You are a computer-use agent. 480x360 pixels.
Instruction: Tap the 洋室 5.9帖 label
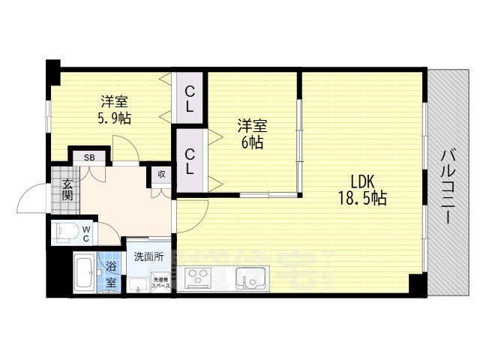coord(114,109)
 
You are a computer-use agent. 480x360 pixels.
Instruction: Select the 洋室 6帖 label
coord(252,134)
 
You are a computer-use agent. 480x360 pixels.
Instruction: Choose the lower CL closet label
coord(190,162)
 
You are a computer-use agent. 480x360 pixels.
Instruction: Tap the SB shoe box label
coord(89,157)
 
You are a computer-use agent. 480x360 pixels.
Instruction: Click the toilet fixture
coord(64,233)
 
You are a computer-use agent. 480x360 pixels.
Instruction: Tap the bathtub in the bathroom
coord(84,274)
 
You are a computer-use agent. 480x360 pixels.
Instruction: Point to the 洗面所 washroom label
coord(148,256)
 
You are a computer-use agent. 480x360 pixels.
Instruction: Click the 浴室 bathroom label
coord(111,274)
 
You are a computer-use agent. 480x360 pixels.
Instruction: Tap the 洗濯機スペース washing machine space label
coord(161,283)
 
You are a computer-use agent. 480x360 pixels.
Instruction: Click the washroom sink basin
coord(137,284)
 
